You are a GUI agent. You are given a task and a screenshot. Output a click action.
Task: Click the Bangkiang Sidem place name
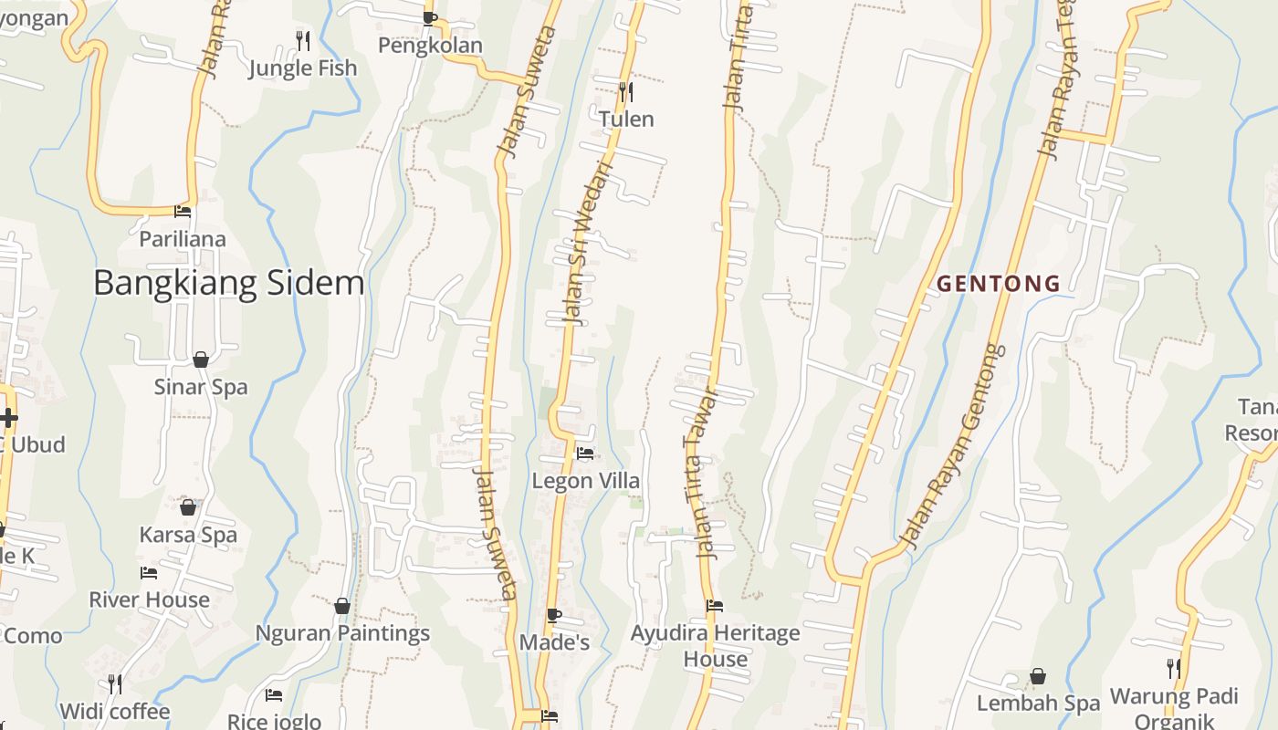point(229,283)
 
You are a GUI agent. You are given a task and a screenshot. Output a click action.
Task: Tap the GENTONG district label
point(999,284)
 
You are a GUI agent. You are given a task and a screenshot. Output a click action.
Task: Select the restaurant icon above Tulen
point(625,91)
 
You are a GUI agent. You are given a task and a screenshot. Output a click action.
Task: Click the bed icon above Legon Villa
point(585,453)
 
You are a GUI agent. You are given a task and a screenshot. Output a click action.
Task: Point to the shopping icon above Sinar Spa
point(201,359)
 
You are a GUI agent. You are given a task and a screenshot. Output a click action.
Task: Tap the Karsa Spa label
point(188,535)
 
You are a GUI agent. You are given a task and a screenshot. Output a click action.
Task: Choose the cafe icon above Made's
point(554,615)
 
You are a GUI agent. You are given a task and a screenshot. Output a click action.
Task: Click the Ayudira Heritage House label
point(716,645)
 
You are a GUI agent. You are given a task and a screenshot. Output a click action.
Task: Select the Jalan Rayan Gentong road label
point(950,447)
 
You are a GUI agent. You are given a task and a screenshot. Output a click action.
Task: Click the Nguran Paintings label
point(342,632)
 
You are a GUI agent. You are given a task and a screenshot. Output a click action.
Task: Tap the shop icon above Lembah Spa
point(1038,676)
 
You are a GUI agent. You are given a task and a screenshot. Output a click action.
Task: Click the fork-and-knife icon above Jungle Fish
point(303,40)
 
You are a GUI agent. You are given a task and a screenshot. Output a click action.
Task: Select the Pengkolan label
point(430,45)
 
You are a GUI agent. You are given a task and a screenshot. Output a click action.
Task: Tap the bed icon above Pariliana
point(183,212)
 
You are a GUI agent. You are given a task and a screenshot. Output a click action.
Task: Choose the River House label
point(149,600)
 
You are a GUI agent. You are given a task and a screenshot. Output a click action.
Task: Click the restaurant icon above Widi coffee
point(115,683)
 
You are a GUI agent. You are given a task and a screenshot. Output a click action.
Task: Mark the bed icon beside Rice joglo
point(273,695)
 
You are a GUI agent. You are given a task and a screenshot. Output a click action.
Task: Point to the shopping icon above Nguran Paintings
point(342,606)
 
